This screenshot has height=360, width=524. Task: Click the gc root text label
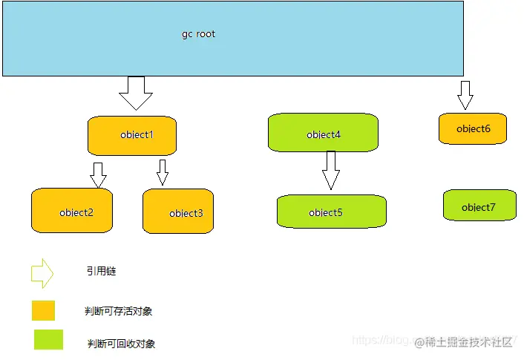coord(198,34)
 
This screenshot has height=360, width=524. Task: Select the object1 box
coord(132,135)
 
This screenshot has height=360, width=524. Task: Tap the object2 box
coord(71,211)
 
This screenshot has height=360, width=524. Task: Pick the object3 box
coord(178,212)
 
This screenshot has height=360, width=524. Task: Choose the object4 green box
coord(323,134)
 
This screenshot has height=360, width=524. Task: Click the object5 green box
coord(332,211)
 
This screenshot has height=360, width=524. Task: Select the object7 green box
coord(479,206)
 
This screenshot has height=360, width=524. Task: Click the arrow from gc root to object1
coord(135,92)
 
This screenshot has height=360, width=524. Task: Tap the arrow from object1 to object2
coord(98,174)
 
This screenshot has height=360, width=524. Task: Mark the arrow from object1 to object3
coord(163,172)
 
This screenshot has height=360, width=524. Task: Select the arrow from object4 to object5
coord(331,170)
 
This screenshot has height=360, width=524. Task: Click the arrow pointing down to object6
coord(465,95)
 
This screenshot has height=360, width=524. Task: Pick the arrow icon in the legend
coord(42,272)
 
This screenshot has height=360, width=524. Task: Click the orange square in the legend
coord(43,310)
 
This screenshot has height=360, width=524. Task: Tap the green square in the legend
coord(48,339)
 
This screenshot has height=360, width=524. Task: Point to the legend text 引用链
coord(101,272)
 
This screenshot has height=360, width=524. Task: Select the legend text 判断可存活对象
coord(119,311)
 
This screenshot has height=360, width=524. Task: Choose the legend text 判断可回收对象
coord(121,344)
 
